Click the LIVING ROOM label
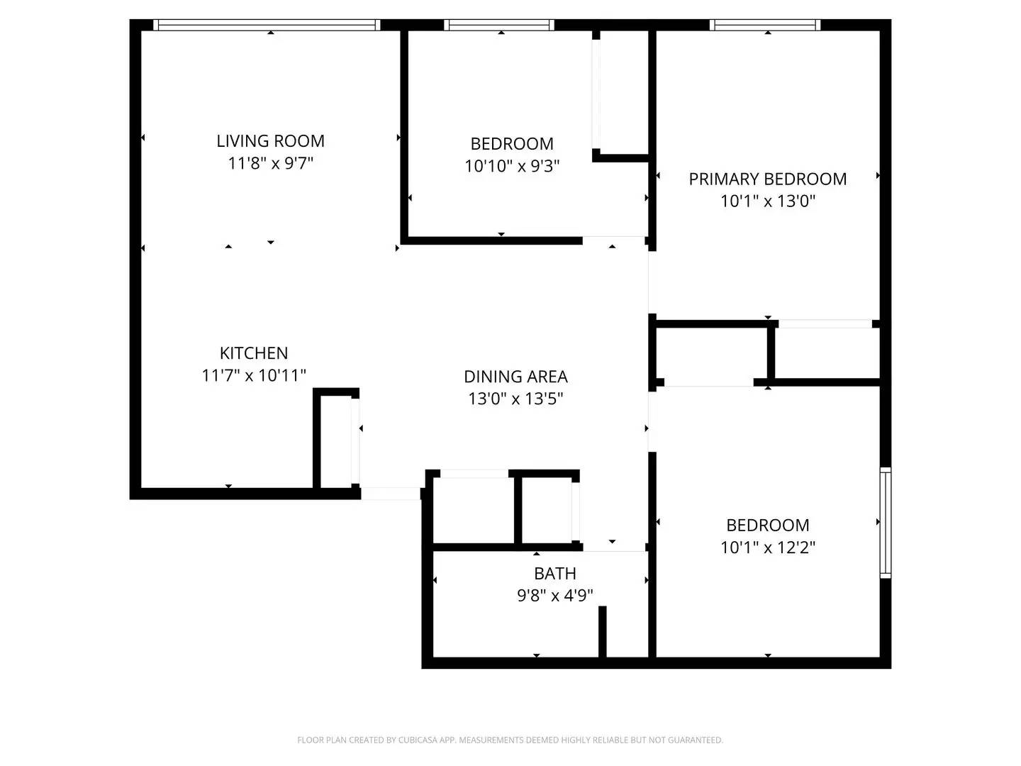(270, 141)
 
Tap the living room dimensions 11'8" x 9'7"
(270, 163)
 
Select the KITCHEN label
(254, 353)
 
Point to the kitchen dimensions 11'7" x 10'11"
(254, 375)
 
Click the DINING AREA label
(515, 377)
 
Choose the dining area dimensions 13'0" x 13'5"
(515, 399)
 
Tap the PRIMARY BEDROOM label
(768, 179)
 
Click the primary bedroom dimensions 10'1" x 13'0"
(768, 201)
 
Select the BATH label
(555, 573)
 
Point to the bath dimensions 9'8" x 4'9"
(555, 595)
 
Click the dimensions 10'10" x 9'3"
(512, 166)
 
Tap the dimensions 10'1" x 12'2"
(768, 548)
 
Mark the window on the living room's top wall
(267, 26)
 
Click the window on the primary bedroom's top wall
(765, 26)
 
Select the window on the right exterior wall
(885, 522)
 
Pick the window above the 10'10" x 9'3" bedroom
(499, 26)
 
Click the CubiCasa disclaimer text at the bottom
(510, 740)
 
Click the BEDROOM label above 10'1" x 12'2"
(768, 526)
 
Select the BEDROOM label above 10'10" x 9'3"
(512, 144)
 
